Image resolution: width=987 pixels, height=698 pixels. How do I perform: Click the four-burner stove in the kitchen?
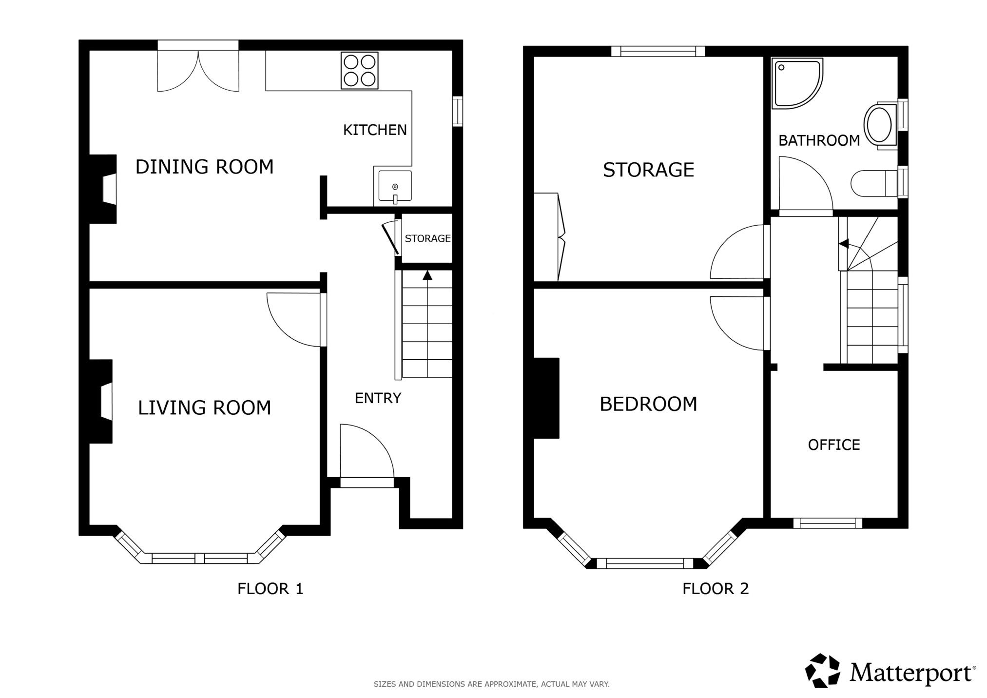pyautogui.click(x=360, y=71)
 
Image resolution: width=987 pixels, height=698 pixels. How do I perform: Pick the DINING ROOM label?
pyautogui.click(x=204, y=167)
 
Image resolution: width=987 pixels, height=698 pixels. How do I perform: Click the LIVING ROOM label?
pyautogui.click(x=204, y=407)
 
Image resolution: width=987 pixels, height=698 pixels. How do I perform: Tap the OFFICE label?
pyautogui.click(x=834, y=445)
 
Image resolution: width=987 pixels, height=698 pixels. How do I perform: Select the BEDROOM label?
pyautogui.click(x=648, y=404)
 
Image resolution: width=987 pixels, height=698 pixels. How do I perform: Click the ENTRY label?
pyautogui.click(x=378, y=398)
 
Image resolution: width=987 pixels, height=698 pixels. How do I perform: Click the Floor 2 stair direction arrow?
pyautogui.click(x=843, y=243)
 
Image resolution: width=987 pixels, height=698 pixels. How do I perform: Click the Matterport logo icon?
pyautogui.click(x=823, y=671)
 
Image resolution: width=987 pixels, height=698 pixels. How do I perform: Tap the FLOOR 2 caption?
pyautogui.click(x=716, y=589)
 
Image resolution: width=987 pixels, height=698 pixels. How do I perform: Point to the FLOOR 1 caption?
pyautogui.click(x=271, y=589)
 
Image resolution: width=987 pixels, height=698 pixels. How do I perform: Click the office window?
pyautogui.click(x=828, y=523)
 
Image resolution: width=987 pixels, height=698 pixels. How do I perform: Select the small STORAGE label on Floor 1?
pyautogui.click(x=427, y=238)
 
